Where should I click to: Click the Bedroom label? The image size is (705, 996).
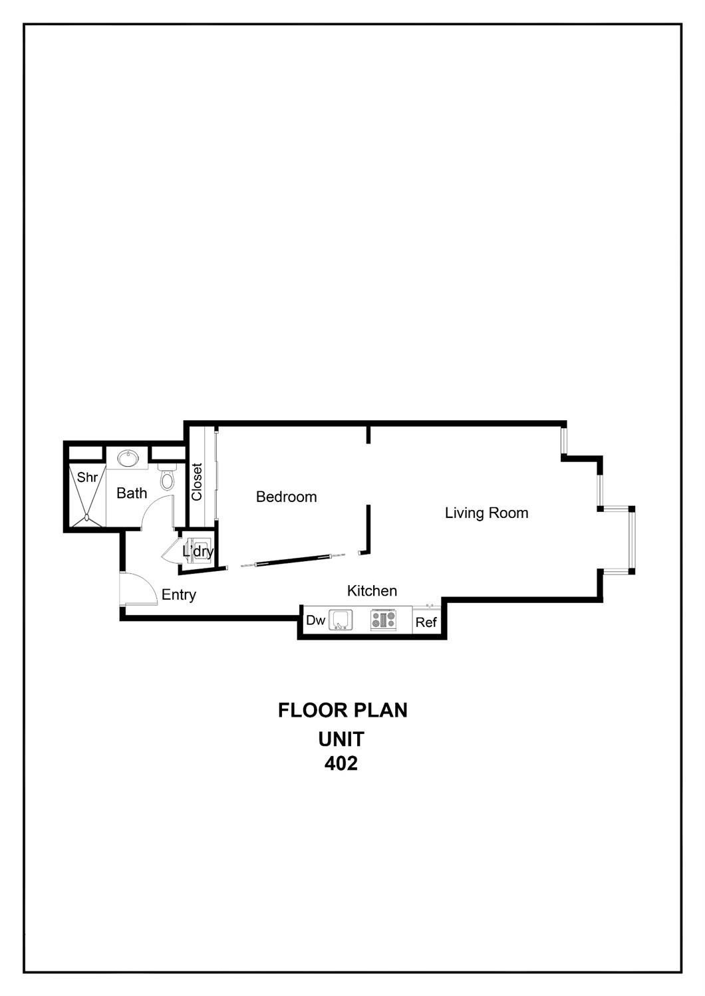(286, 497)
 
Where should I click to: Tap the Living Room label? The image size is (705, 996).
(486, 513)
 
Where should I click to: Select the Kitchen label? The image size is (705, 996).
(372, 590)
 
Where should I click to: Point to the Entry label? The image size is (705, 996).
(178, 594)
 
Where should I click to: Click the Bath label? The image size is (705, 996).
(132, 493)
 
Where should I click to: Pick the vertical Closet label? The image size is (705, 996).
(197, 482)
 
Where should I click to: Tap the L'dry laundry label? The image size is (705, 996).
(198, 551)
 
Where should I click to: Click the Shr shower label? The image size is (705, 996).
(87, 477)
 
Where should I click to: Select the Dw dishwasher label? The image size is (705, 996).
(315, 620)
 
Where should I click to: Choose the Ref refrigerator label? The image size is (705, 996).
(426, 622)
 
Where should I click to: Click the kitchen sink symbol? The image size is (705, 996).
(341, 620)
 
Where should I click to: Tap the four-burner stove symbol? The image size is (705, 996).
(383, 620)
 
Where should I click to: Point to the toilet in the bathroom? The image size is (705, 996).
(167, 478)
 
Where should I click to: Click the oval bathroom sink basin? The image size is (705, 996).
(128, 458)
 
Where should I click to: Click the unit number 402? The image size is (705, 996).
(341, 763)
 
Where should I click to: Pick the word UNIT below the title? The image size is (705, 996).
(341, 739)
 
